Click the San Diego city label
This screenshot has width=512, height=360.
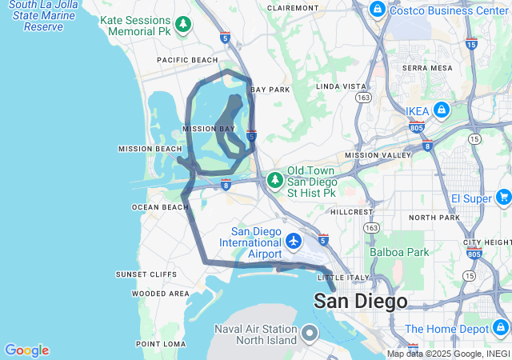tap(360, 302)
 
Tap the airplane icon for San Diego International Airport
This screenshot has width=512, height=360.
tap(294, 241)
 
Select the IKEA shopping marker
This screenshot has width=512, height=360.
tap(441, 110)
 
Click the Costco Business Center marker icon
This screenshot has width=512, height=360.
tap(377, 10)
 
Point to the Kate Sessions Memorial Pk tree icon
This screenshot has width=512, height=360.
tap(183, 25)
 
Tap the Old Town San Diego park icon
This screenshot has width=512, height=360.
tap(275, 181)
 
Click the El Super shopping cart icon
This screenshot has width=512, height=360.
tap(503, 197)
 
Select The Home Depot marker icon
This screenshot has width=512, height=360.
tap(500, 328)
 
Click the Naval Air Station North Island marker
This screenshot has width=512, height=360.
tap(310, 334)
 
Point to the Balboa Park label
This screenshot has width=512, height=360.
tap(399, 252)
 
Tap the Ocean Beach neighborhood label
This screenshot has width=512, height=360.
tap(160, 207)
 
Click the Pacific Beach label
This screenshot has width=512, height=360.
tap(187, 60)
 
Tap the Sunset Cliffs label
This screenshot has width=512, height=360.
tap(146, 274)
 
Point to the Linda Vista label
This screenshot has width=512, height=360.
tap(342, 86)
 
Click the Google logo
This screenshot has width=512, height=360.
tap(26, 350)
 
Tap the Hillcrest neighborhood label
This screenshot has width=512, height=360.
tap(352, 212)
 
